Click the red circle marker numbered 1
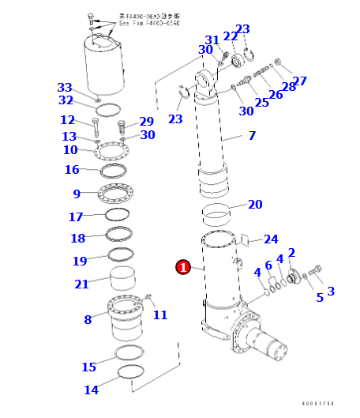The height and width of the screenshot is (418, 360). click(183, 268)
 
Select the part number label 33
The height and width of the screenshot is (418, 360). click(65, 87)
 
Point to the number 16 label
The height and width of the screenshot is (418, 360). click(72, 170)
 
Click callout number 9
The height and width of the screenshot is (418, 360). click(77, 194)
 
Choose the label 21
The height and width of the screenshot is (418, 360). click(81, 284)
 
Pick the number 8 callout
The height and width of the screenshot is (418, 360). click(88, 319)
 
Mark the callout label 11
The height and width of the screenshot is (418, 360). click(160, 314)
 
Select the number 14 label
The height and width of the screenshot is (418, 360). click(91, 390)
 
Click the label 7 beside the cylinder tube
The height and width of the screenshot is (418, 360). click(252, 136)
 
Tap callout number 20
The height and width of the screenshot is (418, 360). click(255, 205)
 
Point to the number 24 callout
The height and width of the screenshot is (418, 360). click(271, 239)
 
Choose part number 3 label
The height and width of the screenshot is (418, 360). click(330, 291)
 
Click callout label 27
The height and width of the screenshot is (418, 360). click(299, 81)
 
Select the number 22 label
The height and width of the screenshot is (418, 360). click(230, 36)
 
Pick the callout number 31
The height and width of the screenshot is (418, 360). click(212, 40)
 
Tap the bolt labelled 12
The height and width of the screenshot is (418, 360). click(96, 127)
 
